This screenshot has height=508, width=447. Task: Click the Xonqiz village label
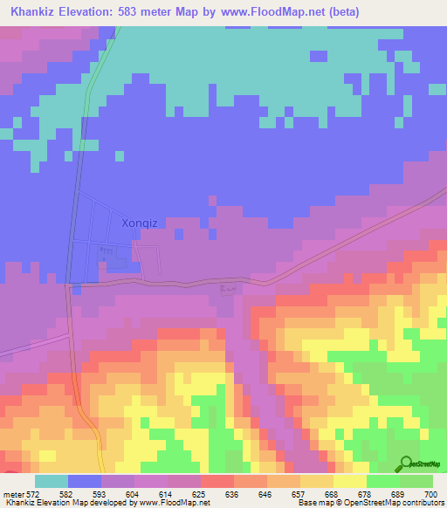click(134, 223)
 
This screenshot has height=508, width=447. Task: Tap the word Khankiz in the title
click(38, 12)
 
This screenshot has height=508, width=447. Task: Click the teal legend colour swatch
click(52, 481)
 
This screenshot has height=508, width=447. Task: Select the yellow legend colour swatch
click(349, 481)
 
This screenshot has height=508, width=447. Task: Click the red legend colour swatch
click(217, 481)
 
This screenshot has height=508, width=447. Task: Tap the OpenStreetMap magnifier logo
click(406, 463)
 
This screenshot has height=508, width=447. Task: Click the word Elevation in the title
click(96, 12)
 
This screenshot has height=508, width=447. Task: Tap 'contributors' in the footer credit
click(424, 504)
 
